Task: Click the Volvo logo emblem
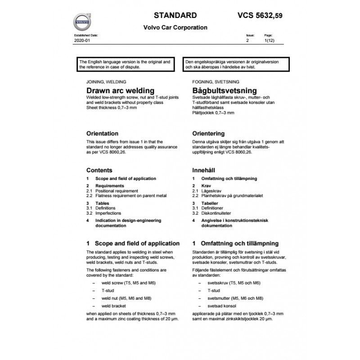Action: (x=82, y=22)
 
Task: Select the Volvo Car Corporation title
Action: (x=175, y=27)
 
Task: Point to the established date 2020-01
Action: (x=81, y=40)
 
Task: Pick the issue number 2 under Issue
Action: (x=247, y=40)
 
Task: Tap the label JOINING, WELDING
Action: (x=106, y=82)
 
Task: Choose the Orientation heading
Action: (x=102, y=134)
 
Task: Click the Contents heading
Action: (x=99, y=171)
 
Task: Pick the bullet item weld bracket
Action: (x=114, y=306)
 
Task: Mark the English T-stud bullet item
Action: (x=108, y=291)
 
